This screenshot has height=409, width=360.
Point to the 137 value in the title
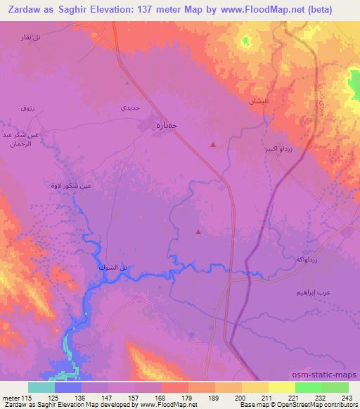point(161,8)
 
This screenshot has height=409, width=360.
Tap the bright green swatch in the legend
point(309,387)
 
